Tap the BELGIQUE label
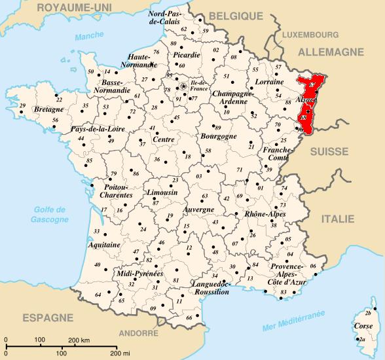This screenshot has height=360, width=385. (231, 16)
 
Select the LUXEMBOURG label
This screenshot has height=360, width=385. (310, 34)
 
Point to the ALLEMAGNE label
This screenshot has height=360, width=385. (330, 51)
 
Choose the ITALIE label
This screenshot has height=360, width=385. (337, 221)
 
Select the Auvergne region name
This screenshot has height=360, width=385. (198, 209)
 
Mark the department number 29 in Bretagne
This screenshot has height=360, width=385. (22, 105)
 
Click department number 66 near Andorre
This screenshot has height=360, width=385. (189, 317)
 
